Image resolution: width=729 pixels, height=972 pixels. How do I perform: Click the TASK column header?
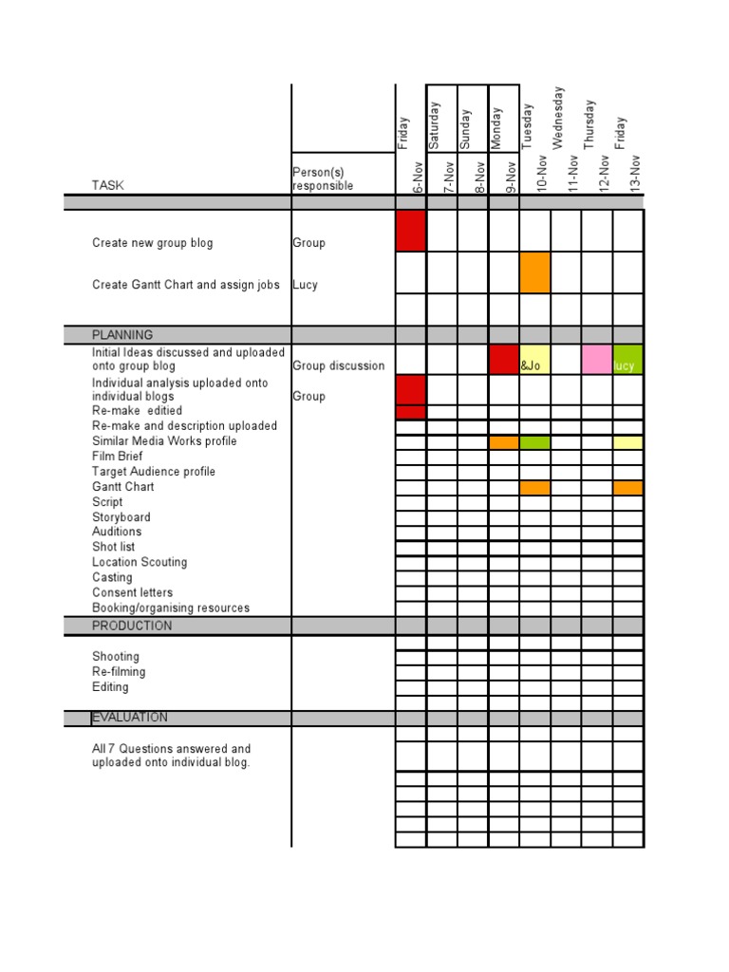(108, 186)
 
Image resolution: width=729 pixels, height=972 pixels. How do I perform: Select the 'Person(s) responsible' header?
(323, 178)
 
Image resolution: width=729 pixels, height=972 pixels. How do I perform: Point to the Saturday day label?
(434, 124)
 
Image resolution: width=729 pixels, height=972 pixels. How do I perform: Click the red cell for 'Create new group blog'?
(410, 231)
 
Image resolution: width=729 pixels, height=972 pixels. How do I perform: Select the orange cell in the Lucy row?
(534, 272)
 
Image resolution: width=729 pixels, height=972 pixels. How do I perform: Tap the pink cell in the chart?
(596, 359)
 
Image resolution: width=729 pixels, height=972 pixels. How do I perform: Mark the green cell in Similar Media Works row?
(534, 442)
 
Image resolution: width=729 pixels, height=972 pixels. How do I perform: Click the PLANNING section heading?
(122, 335)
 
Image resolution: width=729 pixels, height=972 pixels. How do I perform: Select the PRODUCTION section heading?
(132, 626)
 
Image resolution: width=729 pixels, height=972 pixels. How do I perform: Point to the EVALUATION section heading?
(130, 718)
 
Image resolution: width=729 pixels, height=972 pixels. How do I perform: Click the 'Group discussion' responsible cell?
(339, 365)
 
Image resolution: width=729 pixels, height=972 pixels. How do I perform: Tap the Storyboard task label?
(121, 517)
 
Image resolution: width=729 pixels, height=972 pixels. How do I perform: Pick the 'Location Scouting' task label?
(140, 562)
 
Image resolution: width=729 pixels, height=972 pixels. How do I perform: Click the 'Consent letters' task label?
(132, 592)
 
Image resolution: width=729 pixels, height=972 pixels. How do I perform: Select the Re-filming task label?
(119, 672)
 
